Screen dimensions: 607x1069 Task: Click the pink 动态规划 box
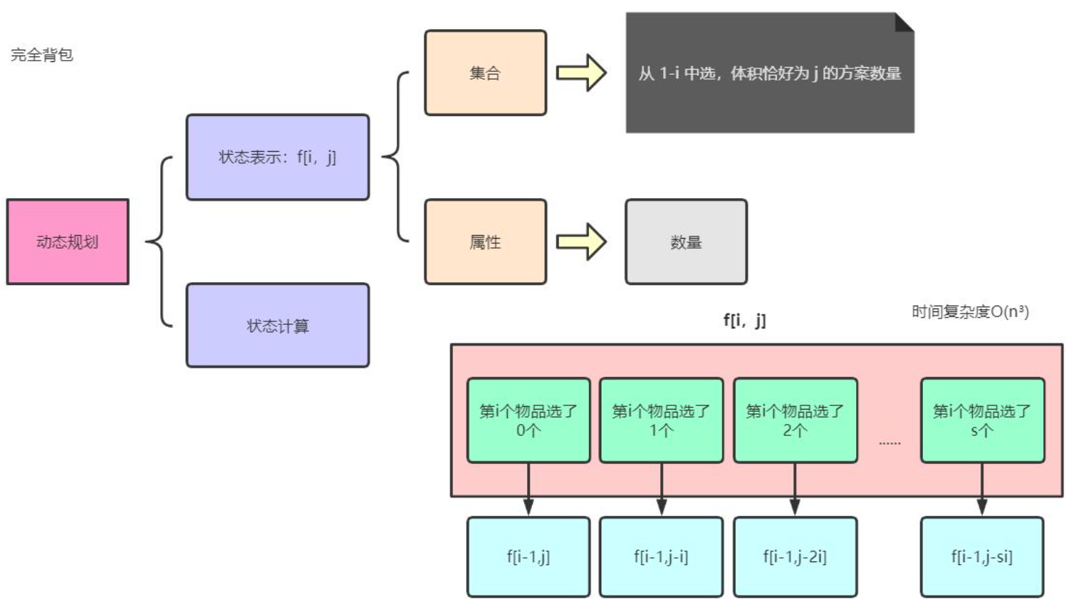click(x=68, y=242)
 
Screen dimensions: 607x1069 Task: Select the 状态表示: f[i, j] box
click(x=277, y=157)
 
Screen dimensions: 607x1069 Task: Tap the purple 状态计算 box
click(x=277, y=326)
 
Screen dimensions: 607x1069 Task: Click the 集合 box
click(x=485, y=73)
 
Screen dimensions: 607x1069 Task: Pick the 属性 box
click(x=485, y=242)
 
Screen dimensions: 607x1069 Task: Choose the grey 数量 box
click(x=686, y=242)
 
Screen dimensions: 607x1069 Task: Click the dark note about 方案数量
click(x=769, y=73)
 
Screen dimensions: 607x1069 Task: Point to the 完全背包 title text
click(x=42, y=55)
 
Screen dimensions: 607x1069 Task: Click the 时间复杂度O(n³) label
click(x=970, y=311)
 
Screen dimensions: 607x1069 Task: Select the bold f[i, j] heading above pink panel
click(x=744, y=320)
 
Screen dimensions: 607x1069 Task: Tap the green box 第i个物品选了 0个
click(x=528, y=420)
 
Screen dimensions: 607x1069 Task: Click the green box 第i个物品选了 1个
click(x=661, y=420)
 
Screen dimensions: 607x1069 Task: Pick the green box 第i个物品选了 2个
click(x=795, y=420)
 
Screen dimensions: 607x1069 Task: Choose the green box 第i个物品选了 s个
click(x=982, y=420)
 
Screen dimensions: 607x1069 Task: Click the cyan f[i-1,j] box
click(x=528, y=556)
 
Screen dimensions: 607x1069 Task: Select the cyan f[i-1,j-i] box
click(x=661, y=556)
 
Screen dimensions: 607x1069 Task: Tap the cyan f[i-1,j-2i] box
click(x=795, y=556)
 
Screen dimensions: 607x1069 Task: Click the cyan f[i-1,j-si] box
click(x=981, y=556)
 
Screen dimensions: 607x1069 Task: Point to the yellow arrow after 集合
click(x=581, y=73)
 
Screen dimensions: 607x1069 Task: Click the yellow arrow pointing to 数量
click(x=581, y=242)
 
